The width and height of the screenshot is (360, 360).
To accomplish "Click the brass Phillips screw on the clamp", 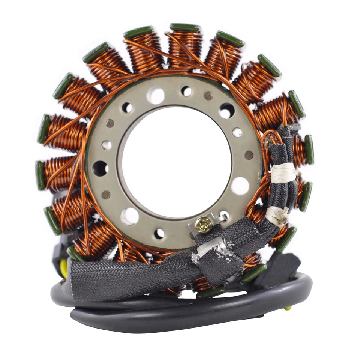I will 204,225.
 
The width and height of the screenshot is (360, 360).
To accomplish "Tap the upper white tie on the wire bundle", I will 283,173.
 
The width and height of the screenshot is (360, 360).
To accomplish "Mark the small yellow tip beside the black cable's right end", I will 288,308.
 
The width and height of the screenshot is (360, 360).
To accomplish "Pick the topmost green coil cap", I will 185,27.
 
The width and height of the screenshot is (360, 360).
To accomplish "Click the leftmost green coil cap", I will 40,175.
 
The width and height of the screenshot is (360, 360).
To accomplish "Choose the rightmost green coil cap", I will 309,149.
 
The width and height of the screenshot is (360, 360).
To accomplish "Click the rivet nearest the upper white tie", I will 249,155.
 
